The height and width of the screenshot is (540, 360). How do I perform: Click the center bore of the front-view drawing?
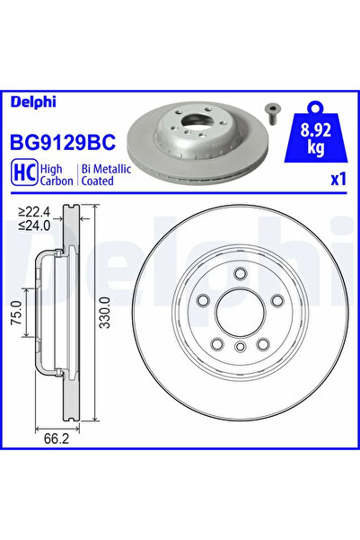[241, 315]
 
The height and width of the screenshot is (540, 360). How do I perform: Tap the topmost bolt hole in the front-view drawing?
[241, 274]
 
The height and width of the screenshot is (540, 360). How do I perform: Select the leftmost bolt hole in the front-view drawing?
[203, 302]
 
